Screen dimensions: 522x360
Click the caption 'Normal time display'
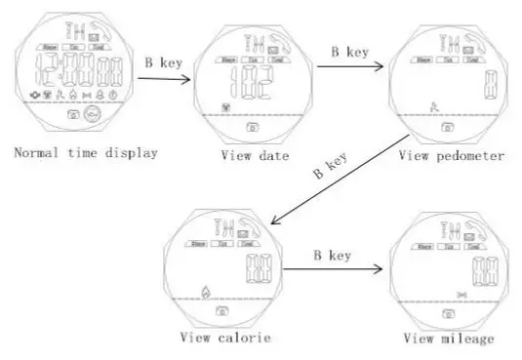point(85,153)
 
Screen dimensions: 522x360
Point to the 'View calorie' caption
point(225,339)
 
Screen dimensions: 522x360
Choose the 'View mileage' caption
point(449,339)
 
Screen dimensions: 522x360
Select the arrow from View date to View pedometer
point(347,64)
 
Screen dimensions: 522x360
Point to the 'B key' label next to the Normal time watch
point(163,60)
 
